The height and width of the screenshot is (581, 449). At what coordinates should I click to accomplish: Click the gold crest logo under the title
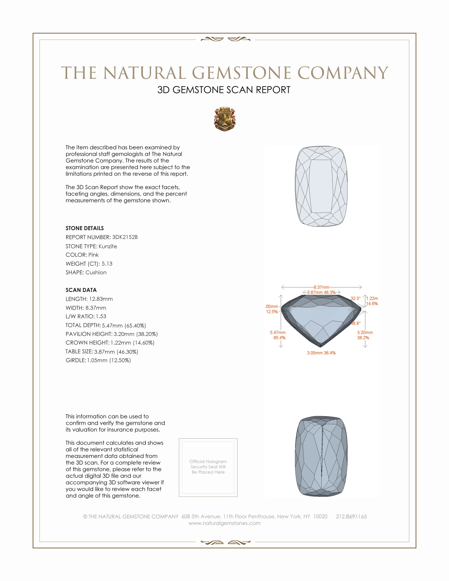[225, 119]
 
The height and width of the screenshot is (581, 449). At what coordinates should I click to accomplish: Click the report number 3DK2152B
[125, 237]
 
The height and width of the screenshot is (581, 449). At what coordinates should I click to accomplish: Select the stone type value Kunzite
[108, 246]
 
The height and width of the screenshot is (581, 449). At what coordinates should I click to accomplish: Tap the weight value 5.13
[107, 264]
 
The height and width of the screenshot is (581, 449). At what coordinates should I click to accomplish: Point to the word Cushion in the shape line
[96, 273]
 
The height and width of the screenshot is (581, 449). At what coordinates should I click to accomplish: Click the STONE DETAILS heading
[85, 228]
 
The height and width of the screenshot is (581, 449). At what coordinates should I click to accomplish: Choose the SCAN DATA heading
[81, 290]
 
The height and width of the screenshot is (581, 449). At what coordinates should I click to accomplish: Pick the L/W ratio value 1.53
[101, 316]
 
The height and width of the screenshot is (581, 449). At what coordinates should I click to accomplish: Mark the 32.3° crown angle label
[355, 298]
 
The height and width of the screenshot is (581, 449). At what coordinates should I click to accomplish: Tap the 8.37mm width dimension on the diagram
[321, 287]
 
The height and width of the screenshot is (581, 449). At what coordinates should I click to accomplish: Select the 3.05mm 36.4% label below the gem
[321, 353]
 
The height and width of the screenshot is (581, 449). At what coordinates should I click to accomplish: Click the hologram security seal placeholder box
[208, 468]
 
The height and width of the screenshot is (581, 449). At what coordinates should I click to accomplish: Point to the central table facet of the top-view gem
[321, 186]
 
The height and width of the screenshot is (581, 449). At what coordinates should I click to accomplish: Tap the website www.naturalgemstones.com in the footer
[224, 523]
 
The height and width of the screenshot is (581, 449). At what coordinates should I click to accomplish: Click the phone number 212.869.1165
[351, 516]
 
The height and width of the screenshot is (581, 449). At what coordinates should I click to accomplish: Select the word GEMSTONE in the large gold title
[241, 73]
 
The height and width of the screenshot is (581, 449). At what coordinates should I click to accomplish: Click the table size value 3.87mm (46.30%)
[116, 352]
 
